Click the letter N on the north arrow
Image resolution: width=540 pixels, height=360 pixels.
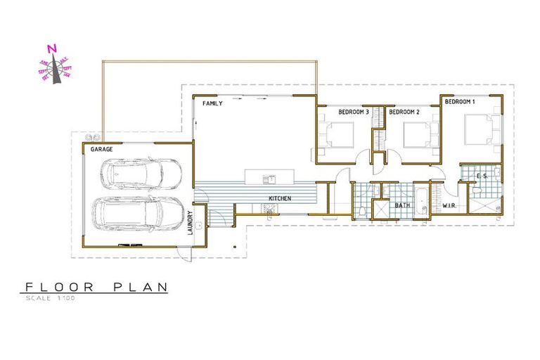tap(51, 49)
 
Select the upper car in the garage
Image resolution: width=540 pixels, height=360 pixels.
tap(140, 172)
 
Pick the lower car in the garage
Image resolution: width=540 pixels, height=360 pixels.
tap(139, 214)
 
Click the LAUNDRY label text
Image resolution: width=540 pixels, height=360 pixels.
tap(190, 224)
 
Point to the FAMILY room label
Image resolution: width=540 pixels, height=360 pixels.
tap(212, 103)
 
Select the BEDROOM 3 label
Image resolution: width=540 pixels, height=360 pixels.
tap(354, 112)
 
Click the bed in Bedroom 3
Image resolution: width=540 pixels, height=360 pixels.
tap(338, 134)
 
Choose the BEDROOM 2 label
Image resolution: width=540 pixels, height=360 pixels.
tap(404, 112)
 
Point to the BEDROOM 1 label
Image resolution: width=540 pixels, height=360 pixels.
tap(460, 103)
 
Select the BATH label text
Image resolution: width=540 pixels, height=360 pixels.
tap(402, 205)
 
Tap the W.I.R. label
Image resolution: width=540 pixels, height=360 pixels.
tap(449, 206)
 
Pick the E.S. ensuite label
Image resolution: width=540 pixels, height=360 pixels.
tap(482, 176)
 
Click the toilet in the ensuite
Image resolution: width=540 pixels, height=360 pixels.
tap(477, 190)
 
